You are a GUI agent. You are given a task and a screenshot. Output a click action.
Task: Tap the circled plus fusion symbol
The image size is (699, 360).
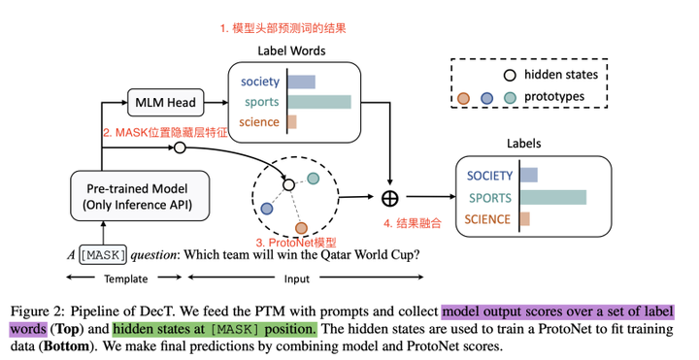(390, 198)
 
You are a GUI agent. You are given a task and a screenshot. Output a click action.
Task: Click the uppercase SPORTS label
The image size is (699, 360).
(489, 197)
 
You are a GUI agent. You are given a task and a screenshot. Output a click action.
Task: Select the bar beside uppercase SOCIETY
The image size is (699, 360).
(529, 176)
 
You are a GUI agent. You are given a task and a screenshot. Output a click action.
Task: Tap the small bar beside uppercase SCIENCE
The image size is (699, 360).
(524, 219)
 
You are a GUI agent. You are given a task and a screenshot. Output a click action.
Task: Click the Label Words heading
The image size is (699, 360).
(291, 49)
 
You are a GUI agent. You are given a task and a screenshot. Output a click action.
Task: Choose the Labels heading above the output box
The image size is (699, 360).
(525, 145)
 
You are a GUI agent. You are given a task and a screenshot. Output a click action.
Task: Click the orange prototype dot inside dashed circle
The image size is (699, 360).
(302, 228)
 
